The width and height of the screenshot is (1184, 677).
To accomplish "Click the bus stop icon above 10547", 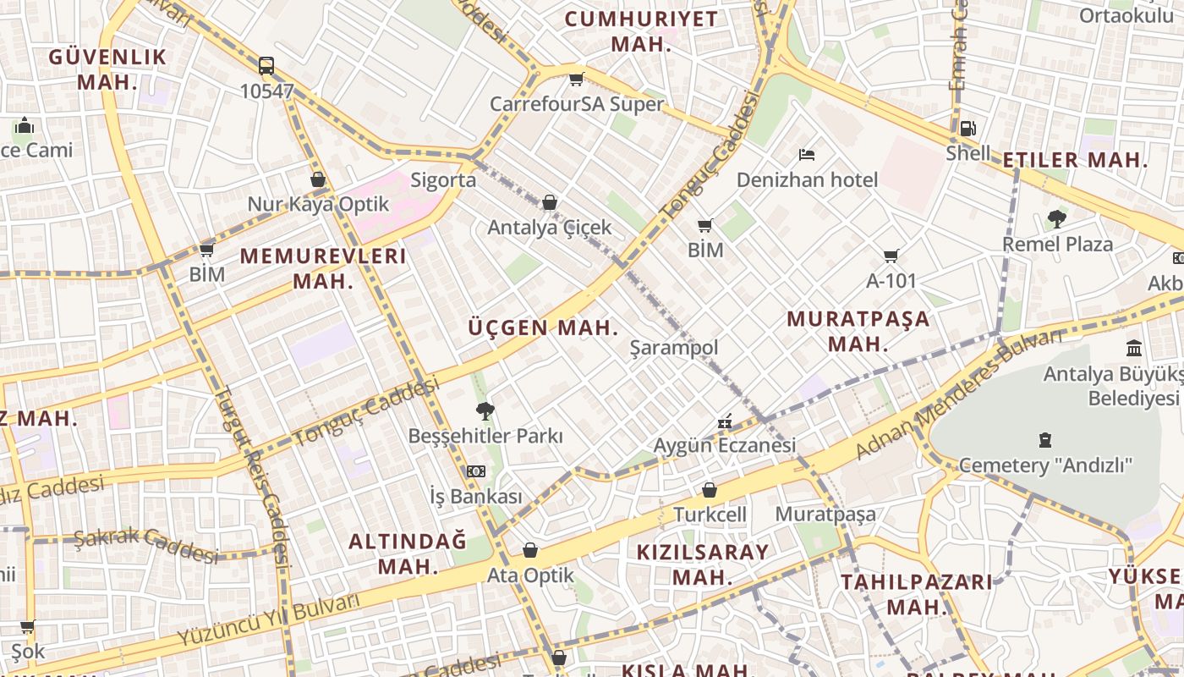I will [x=266, y=65].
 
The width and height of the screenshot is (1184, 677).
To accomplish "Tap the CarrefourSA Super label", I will [x=577, y=104].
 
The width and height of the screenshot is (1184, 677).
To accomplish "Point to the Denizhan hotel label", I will [x=807, y=179].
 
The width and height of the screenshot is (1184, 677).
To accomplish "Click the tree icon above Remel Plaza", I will [x=1056, y=219].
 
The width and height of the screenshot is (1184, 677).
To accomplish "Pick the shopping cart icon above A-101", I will [x=891, y=256].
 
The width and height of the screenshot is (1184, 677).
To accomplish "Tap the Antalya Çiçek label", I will [x=549, y=228].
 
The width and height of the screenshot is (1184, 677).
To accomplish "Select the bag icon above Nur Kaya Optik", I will [x=318, y=179].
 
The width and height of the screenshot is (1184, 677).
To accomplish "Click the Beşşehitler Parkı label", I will [x=485, y=436].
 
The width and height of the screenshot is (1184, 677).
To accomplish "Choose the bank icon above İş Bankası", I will [x=476, y=471].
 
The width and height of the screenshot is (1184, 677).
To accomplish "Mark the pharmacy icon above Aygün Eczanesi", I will [x=725, y=421].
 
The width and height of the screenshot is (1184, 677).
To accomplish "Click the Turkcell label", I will [x=710, y=514].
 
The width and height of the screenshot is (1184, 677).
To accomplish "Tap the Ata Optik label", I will [x=530, y=575].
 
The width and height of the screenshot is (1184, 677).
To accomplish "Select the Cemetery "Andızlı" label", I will [x=1045, y=465].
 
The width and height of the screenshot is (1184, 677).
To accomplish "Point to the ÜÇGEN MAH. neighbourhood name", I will [x=543, y=328].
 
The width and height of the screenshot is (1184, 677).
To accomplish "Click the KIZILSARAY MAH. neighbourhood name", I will [x=703, y=564].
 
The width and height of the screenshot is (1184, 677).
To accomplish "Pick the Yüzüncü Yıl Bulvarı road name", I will [x=269, y=620].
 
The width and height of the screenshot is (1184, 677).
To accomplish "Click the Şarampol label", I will [x=674, y=348].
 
